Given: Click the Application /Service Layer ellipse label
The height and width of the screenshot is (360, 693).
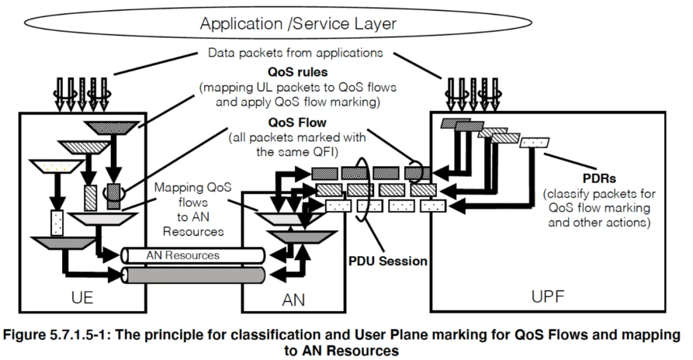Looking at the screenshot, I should pyautogui.click(x=298, y=24).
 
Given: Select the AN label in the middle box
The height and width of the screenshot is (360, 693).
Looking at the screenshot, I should pyautogui.click(x=293, y=299).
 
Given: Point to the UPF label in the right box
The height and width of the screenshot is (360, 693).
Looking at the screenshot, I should pyautogui.click(x=547, y=296).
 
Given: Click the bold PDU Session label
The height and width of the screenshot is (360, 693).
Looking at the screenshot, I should pyautogui.click(x=388, y=261).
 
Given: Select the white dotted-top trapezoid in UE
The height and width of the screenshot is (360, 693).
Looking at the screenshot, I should pyautogui.click(x=57, y=167).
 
